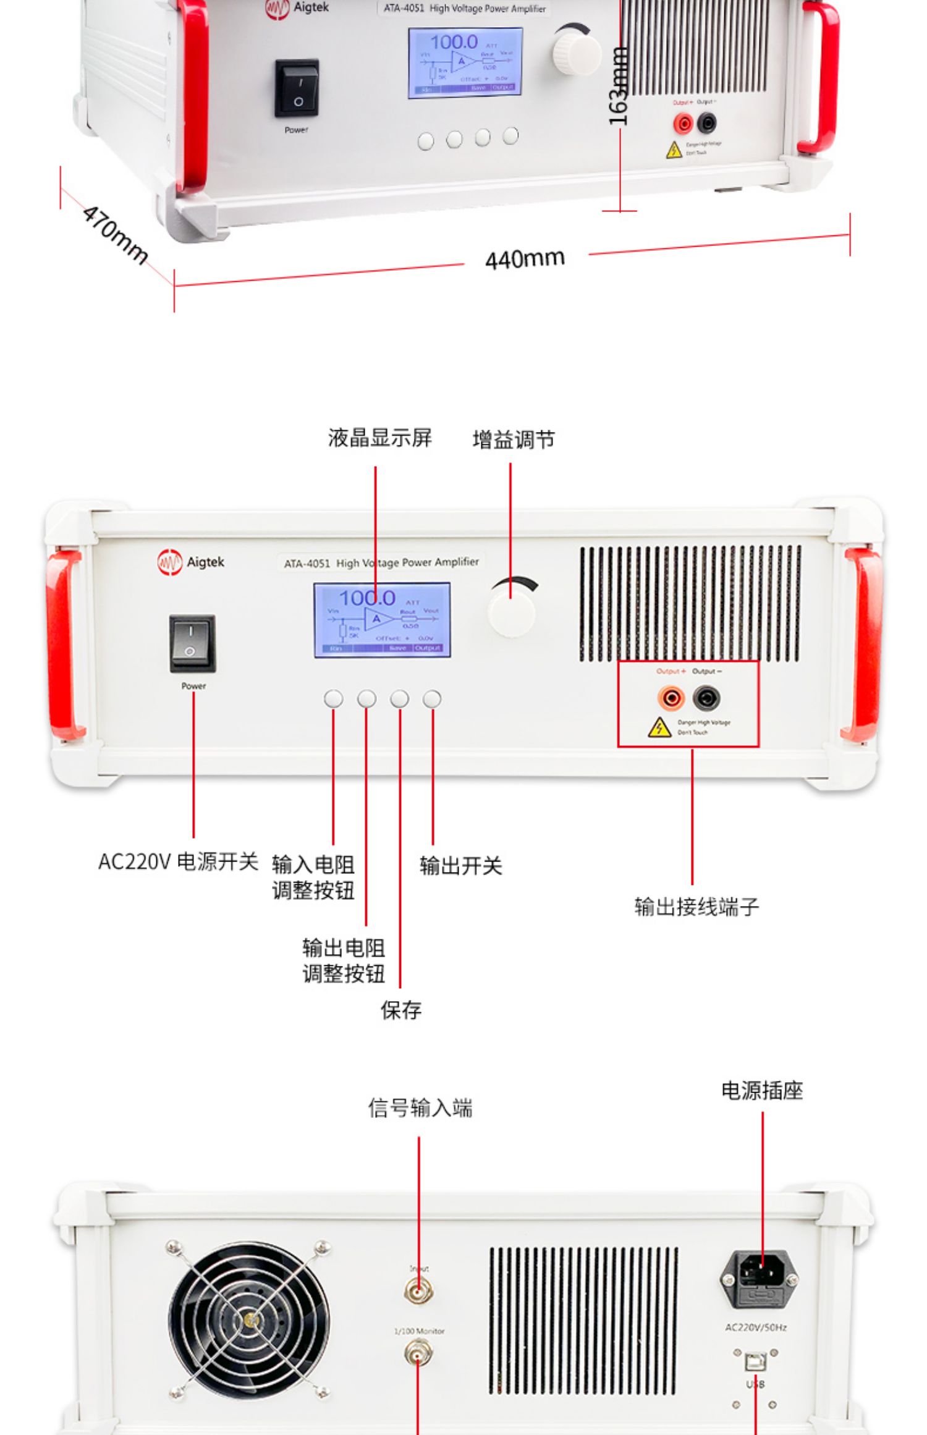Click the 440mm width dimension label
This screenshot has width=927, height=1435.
pyautogui.click(x=525, y=259)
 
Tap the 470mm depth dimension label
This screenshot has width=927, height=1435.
pyautogui.click(x=115, y=234)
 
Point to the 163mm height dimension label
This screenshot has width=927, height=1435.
pyautogui.click(x=618, y=87)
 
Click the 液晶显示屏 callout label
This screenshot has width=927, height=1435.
pyautogui.click(x=379, y=438)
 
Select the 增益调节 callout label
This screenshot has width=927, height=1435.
pyautogui.click(x=513, y=439)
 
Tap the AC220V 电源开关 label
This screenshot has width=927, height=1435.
pyautogui.click(x=178, y=861)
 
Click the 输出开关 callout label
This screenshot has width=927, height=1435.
pyautogui.click(x=460, y=865)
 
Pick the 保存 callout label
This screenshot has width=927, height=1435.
pyautogui.click(x=400, y=1010)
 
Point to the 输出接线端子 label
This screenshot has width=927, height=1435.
pyautogui.click(x=696, y=907)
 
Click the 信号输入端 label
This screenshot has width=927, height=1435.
pyautogui.click(x=420, y=1108)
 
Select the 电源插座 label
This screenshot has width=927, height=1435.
pyautogui.click(x=762, y=1091)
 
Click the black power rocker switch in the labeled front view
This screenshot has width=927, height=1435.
pyautogui.click(x=192, y=643)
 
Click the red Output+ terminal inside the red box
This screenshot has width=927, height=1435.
pyautogui.click(x=671, y=698)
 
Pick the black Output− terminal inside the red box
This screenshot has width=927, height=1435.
pyautogui.click(x=706, y=698)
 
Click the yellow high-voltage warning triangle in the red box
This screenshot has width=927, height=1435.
pyautogui.click(x=659, y=728)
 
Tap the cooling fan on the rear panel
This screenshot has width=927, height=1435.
pyautogui.click(x=249, y=1321)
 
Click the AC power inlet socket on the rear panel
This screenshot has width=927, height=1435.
pyautogui.click(x=760, y=1277)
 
